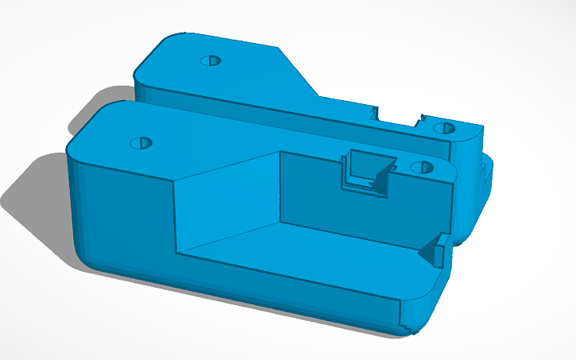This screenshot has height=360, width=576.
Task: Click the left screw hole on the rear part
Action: pos(211,60)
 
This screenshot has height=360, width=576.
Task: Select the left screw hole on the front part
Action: pos(141,143)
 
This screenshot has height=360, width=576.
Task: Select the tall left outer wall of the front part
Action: pos(119,215)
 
